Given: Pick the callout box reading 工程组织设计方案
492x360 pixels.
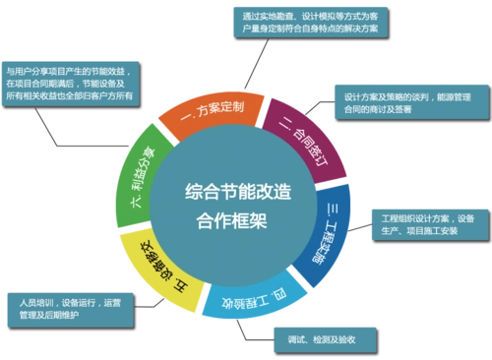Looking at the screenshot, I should [427, 224].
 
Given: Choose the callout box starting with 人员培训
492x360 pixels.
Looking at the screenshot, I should [67, 309].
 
